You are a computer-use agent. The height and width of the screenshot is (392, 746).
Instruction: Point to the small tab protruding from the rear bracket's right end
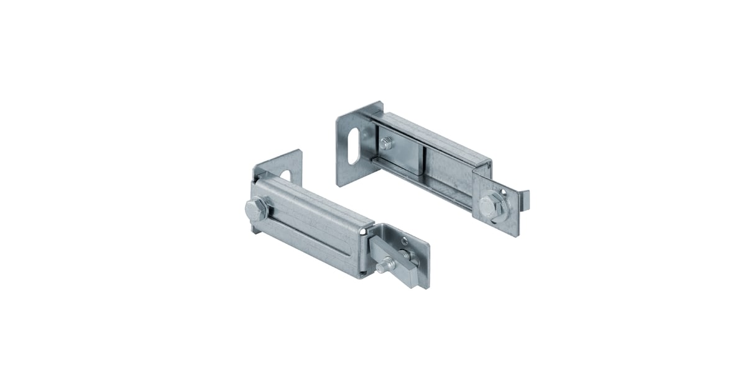(523, 200)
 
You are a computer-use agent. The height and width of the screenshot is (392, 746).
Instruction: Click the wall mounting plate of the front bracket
(292, 165)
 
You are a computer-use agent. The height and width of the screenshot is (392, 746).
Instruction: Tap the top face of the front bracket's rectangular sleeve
(311, 202)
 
